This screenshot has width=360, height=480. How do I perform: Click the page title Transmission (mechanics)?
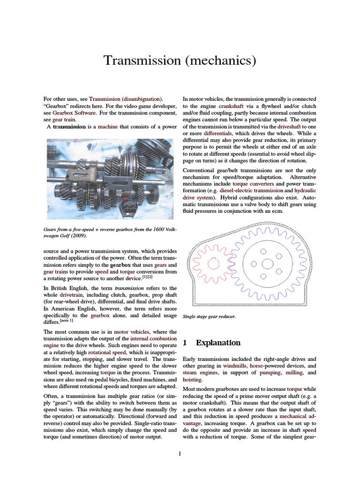coord(180,61)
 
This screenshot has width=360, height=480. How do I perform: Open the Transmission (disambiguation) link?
coord(126,99)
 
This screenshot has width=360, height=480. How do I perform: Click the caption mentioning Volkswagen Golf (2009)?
coord(110,232)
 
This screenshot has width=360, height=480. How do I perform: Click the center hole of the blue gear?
coord(267,264)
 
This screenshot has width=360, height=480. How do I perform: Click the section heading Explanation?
coord(218,343)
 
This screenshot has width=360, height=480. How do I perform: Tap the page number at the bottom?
coord(180,454)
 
